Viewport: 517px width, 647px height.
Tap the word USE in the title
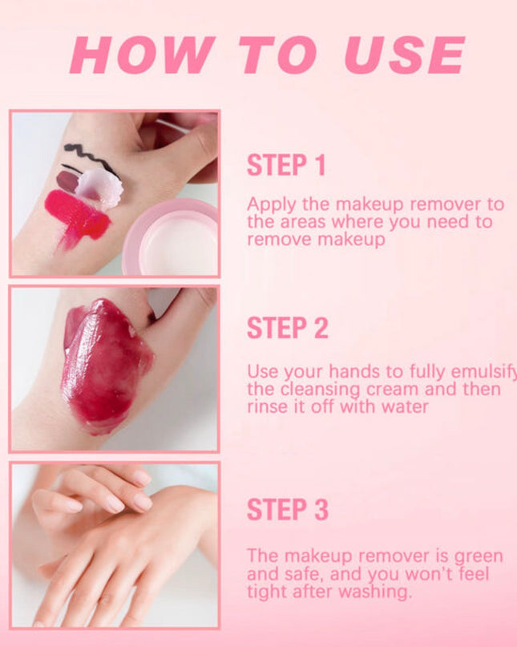405,55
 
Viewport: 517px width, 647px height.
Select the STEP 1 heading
286,165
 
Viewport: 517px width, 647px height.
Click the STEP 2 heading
287,328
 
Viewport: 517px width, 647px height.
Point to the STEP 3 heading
287,509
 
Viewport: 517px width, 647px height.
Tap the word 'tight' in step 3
265,592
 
